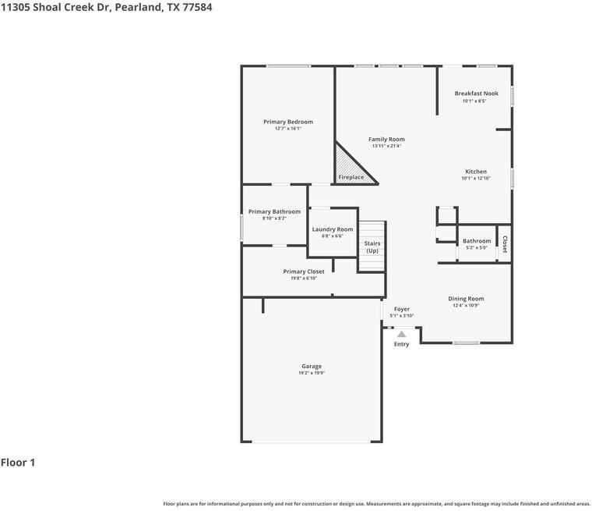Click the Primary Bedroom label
click(288, 122)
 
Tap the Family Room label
click(386, 140)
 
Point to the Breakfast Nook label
click(476, 94)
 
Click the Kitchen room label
click(476, 172)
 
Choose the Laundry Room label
click(333, 229)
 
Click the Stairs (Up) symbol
click(372, 247)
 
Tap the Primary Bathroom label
click(274, 211)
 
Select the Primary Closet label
click(303, 271)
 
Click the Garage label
click(312, 366)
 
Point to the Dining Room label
click(466, 299)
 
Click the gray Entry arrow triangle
click(401, 334)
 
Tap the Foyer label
click(401, 309)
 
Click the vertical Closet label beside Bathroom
click(505, 244)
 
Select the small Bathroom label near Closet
click(476, 241)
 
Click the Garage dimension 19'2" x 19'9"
click(312, 373)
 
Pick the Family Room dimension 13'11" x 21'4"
click(386, 146)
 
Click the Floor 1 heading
click(18, 463)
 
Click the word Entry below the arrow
click(401, 344)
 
